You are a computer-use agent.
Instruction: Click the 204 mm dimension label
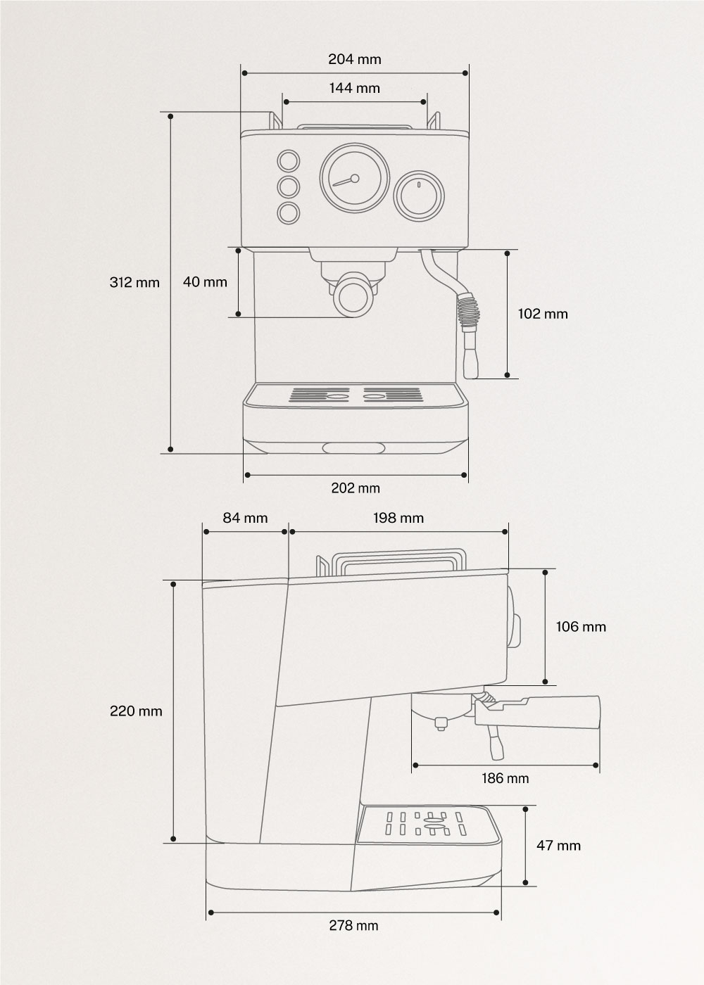point(354,59)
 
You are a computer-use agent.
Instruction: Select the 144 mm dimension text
point(354,88)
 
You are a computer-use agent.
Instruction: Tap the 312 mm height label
point(134,283)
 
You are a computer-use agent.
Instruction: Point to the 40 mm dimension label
point(205,282)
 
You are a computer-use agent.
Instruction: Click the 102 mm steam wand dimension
point(543,314)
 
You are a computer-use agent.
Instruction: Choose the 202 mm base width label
point(356,488)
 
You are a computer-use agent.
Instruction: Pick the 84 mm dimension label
point(245,518)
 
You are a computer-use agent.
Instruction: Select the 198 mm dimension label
point(398,518)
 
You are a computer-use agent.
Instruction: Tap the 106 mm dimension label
point(581,626)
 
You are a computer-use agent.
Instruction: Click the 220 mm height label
point(136,711)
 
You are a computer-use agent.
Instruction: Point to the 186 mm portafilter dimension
point(505,778)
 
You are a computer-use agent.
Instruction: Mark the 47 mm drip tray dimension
point(559,845)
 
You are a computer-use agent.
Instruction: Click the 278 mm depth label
point(353,925)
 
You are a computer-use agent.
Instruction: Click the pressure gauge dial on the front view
point(354,179)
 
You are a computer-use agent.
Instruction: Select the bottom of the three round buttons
point(287,212)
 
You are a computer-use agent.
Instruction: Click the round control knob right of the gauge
point(419,195)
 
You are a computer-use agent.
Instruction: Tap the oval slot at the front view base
point(354,447)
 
